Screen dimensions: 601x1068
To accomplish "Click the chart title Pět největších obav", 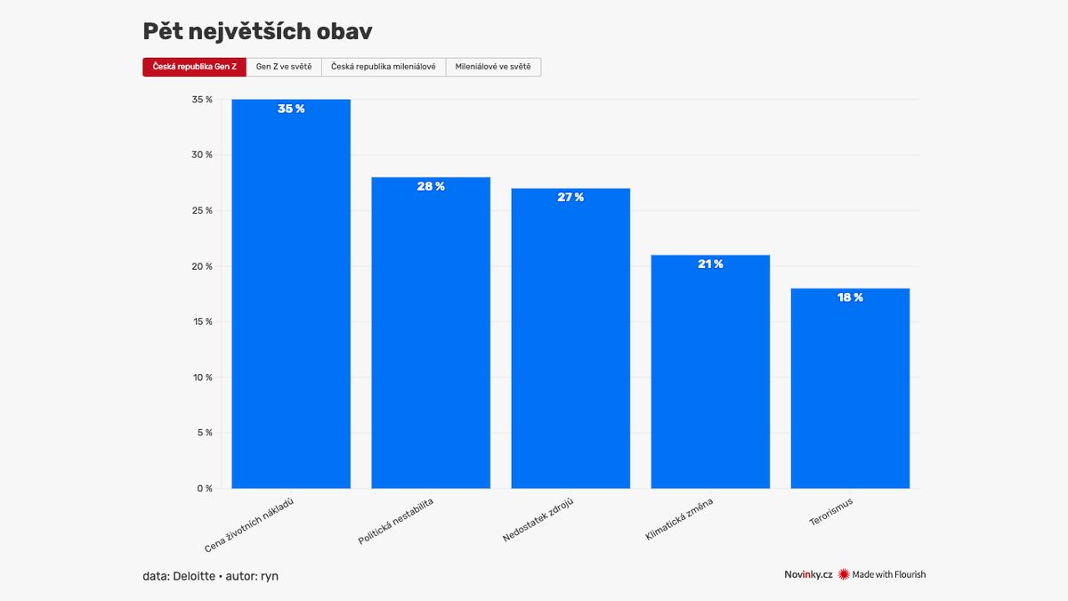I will [257, 31].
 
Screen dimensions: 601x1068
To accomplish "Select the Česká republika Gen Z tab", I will [194, 67].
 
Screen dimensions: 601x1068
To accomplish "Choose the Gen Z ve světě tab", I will [284, 67].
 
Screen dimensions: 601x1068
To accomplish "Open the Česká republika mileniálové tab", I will [383, 67].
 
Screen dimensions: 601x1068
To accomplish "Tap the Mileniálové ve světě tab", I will [492, 67].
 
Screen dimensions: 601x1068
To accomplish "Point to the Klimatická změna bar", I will [710, 374].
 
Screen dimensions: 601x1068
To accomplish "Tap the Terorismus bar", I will [850, 392].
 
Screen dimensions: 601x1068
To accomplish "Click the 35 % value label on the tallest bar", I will [291, 109].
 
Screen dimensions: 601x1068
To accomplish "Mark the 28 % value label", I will [431, 186].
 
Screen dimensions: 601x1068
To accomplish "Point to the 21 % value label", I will [710, 264].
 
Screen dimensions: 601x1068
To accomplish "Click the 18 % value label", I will [850, 297].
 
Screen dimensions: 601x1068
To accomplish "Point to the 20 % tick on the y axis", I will [203, 266].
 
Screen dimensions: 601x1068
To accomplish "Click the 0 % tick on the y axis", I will [204, 489].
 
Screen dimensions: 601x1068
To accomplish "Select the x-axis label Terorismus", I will [831, 515].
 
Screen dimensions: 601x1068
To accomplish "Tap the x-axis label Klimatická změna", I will [680, 520].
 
